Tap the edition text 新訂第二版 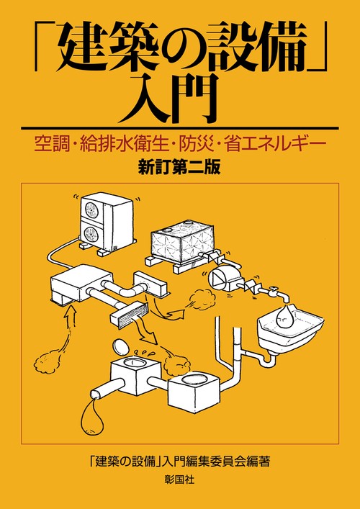click(x=179, y=168)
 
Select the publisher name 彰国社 click(x=179, y=479)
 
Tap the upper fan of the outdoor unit click(x=90, y=209)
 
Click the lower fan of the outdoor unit click(x=91, y=234)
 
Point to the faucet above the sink click(x=279, y=293)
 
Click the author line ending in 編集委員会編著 click(x=179, y=461)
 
